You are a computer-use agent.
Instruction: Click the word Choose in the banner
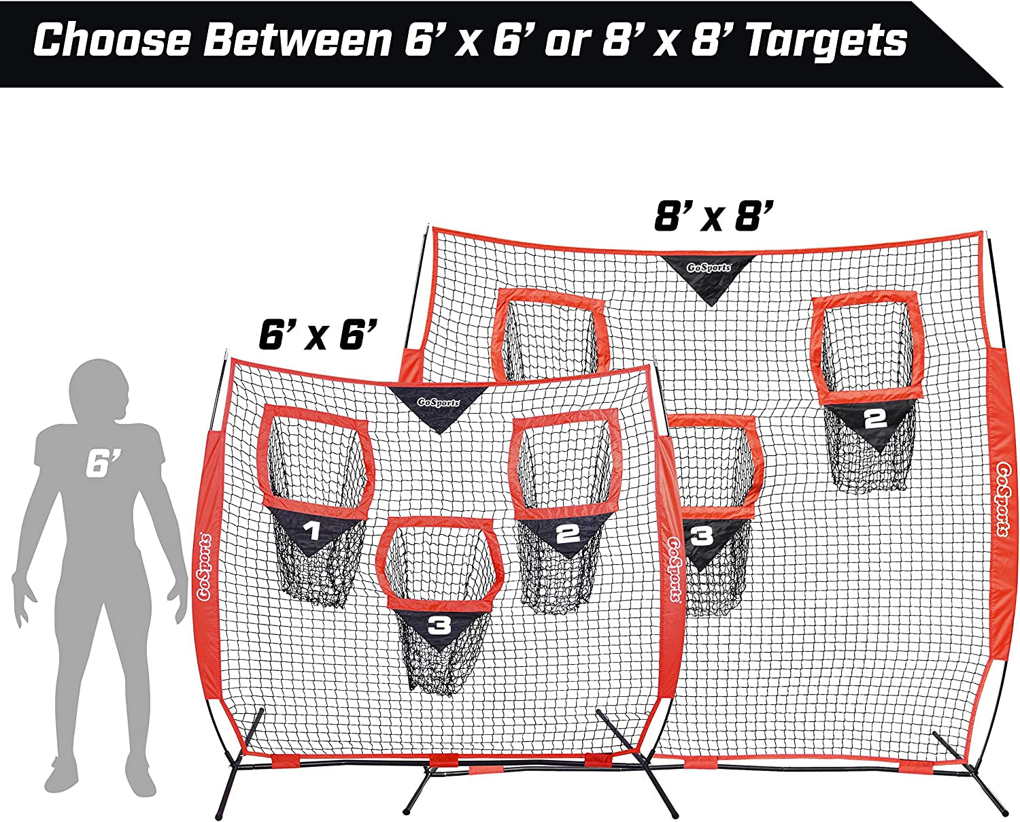[112, 41]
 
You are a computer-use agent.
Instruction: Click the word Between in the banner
[298, 41]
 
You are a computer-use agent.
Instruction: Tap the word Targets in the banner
[826, 41]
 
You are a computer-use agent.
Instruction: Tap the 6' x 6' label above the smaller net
[318, 334]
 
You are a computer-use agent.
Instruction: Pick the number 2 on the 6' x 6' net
[567, 534]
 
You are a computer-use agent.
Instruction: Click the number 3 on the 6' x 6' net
[439, 626]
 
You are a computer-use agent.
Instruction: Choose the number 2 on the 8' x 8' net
[875, 419]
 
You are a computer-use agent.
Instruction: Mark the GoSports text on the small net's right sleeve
[675, 569]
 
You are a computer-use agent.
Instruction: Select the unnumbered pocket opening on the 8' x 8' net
[550, 338]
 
